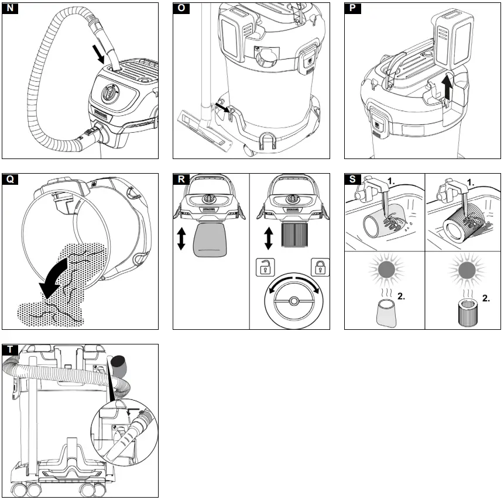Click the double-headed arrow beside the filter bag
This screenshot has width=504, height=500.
[182, 239]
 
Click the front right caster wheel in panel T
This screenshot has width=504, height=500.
[89, 489]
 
